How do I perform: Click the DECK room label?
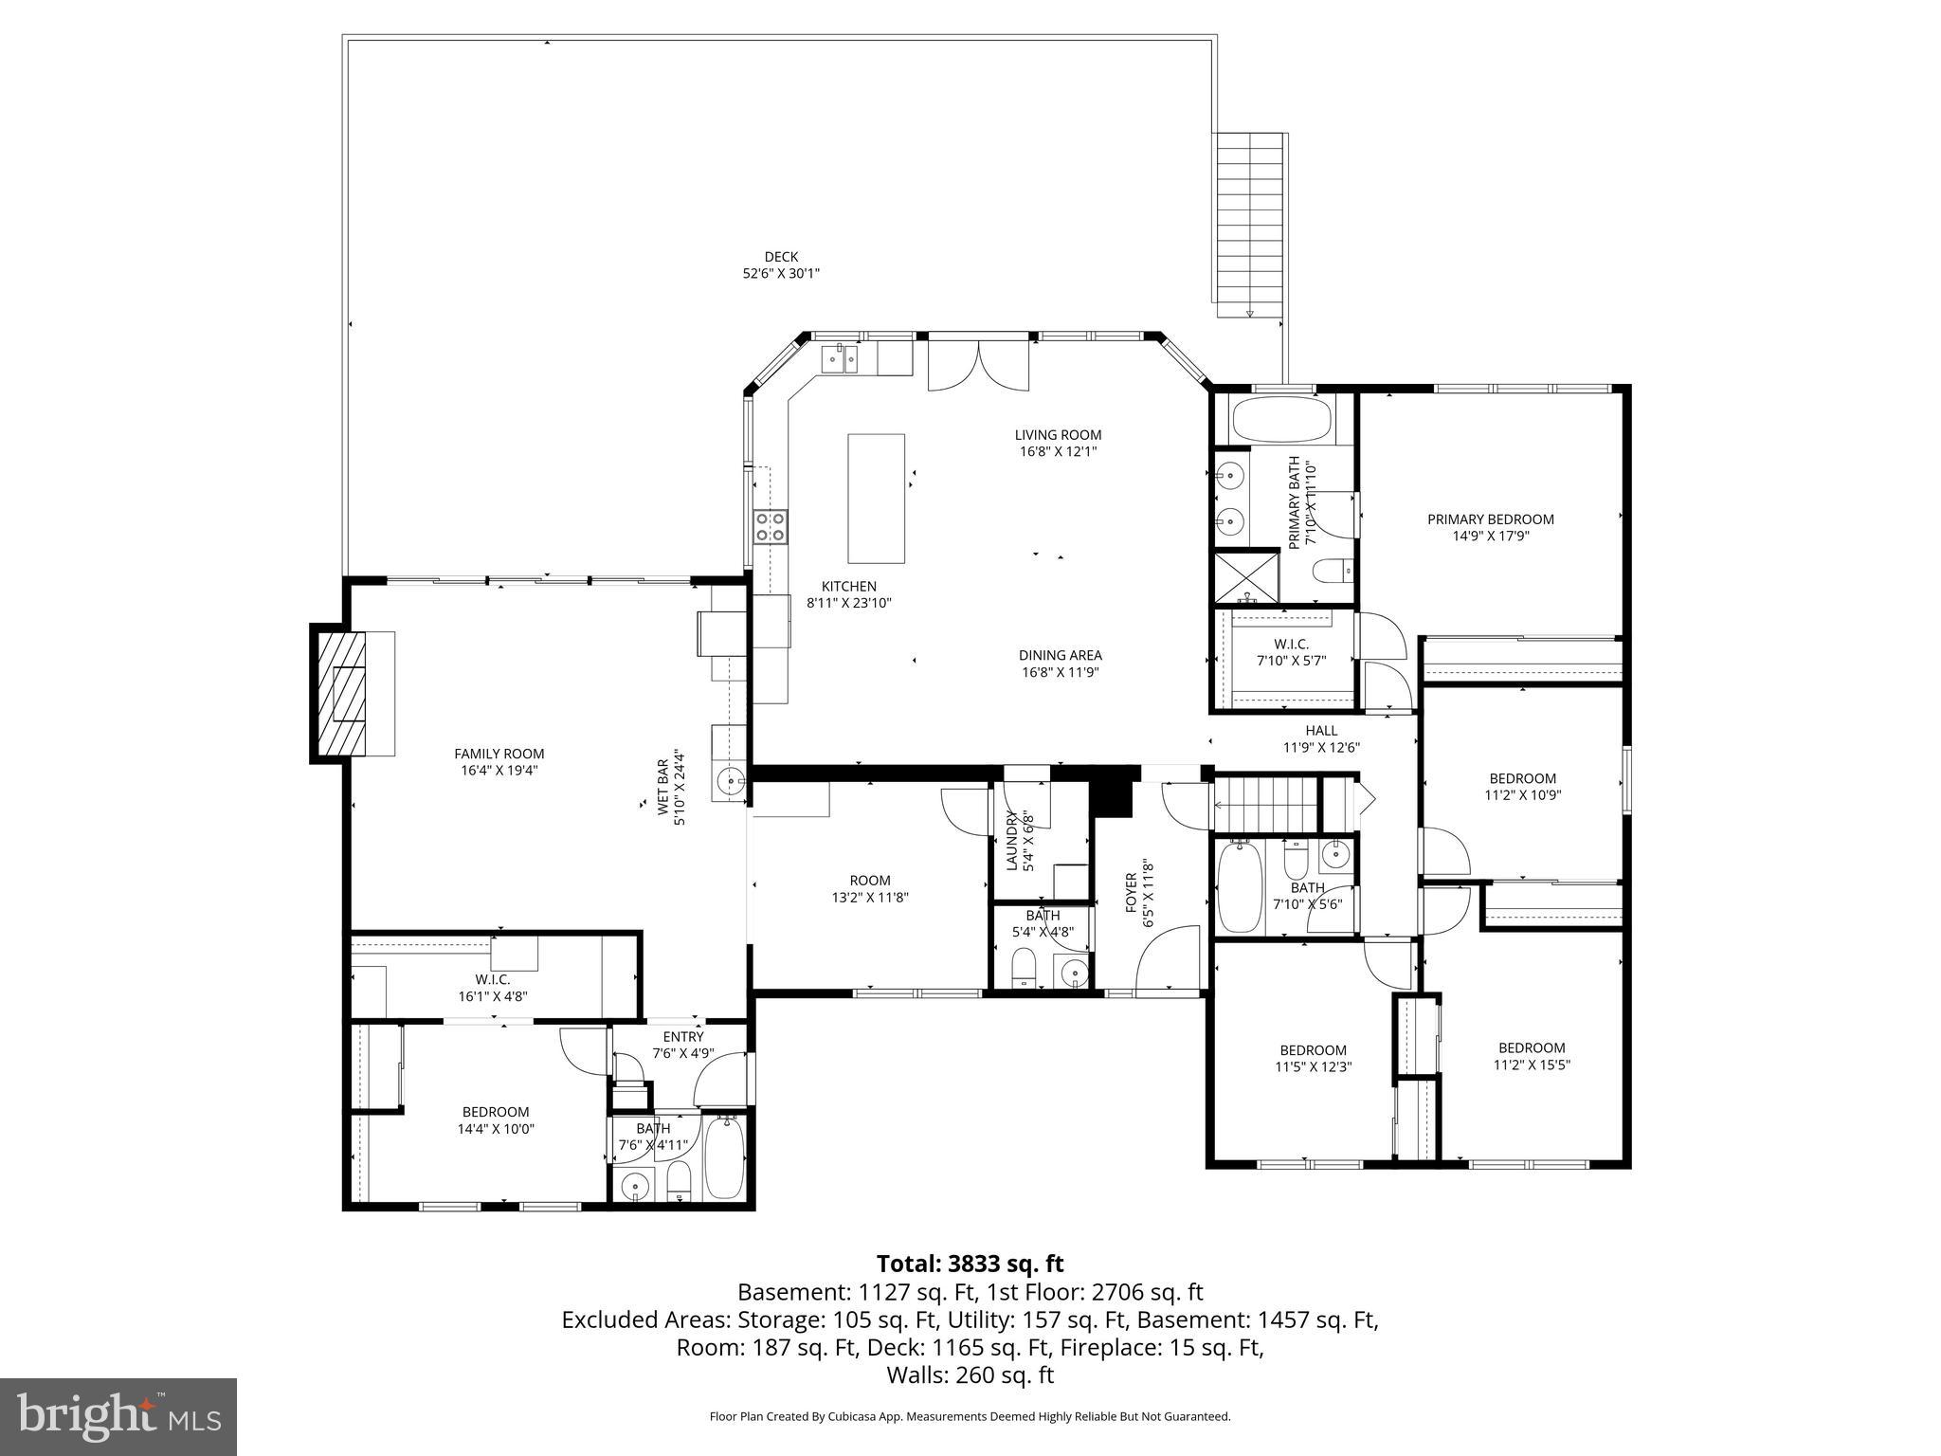(781, 257)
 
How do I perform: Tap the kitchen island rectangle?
(876, 499)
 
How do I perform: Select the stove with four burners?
(770, 526)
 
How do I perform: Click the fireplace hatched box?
(341, 692)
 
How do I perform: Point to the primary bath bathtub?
(1281, 421)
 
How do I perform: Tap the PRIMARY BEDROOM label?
(1490, 519)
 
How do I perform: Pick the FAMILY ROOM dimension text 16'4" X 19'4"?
(499, 771)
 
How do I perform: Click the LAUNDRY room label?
(1011, 841)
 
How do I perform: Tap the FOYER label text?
(1131, 893)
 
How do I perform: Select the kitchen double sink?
(840, 359)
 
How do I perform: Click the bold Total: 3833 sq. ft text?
(970, 1264)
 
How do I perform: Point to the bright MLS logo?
(118, 1417)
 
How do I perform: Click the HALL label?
(1321, 730)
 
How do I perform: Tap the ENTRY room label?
(682, 1037)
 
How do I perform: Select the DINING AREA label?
(1060, 655)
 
